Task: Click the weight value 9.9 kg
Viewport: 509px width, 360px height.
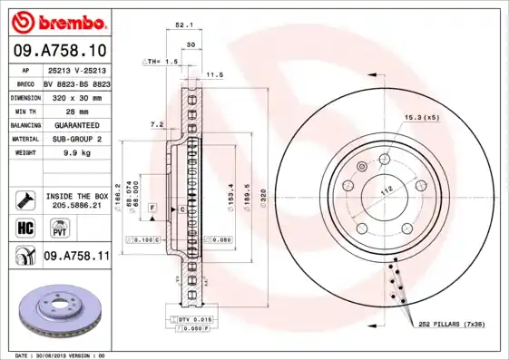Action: (x=76, y=153)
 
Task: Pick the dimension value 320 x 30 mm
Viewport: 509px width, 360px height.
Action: (x=76, y=95)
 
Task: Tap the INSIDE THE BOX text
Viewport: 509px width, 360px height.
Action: (x=77, y=196)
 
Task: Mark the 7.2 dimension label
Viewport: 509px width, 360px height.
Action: (x=155, y=124)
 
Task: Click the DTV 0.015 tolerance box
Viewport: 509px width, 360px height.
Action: (x=192, y=320)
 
